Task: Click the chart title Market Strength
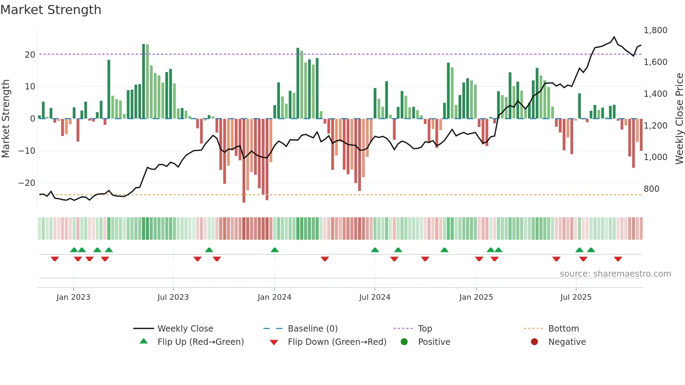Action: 51,10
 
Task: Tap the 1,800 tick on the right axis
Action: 655,30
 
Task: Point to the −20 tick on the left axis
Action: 27,183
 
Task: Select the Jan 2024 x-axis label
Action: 274,297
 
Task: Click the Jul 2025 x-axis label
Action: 576,297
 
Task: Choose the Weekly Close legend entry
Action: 185,329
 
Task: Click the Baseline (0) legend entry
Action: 312,329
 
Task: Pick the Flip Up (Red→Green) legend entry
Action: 200,342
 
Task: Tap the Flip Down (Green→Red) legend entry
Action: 337,342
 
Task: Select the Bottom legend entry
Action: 563,329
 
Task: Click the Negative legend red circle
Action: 534,342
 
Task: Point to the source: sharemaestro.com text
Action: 615,274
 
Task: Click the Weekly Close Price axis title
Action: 679,119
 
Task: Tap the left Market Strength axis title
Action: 6,119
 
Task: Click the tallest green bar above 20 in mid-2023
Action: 144,80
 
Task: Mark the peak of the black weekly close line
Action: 614,37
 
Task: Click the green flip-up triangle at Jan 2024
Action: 275,250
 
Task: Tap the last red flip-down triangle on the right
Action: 618,259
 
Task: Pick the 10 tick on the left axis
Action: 30,87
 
